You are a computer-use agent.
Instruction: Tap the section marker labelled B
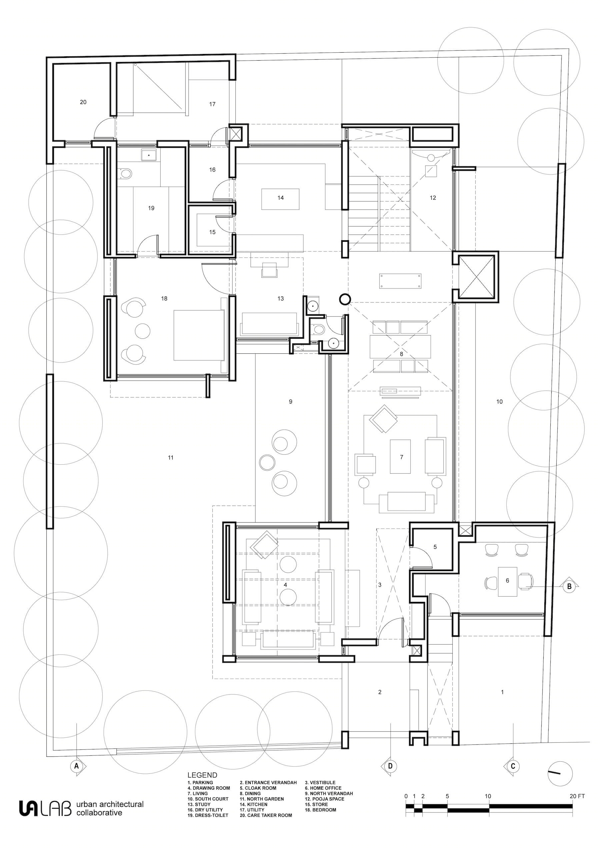569,586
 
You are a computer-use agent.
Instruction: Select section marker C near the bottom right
513,766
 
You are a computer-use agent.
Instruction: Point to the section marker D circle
390,766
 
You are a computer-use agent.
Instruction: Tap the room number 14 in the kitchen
281,198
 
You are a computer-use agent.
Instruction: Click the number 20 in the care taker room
83,102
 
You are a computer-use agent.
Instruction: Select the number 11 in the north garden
170,458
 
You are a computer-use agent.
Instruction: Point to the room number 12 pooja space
433,198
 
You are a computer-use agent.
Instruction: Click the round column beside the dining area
345,299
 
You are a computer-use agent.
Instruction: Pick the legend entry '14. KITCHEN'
253,804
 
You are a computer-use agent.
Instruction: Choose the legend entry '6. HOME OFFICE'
323,788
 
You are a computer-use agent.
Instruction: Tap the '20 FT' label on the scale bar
577,796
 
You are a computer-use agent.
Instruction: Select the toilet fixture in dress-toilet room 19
126,173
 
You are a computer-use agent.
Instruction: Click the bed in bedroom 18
199,335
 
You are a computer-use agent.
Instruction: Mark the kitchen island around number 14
280,199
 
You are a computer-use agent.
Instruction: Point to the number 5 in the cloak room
435,547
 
